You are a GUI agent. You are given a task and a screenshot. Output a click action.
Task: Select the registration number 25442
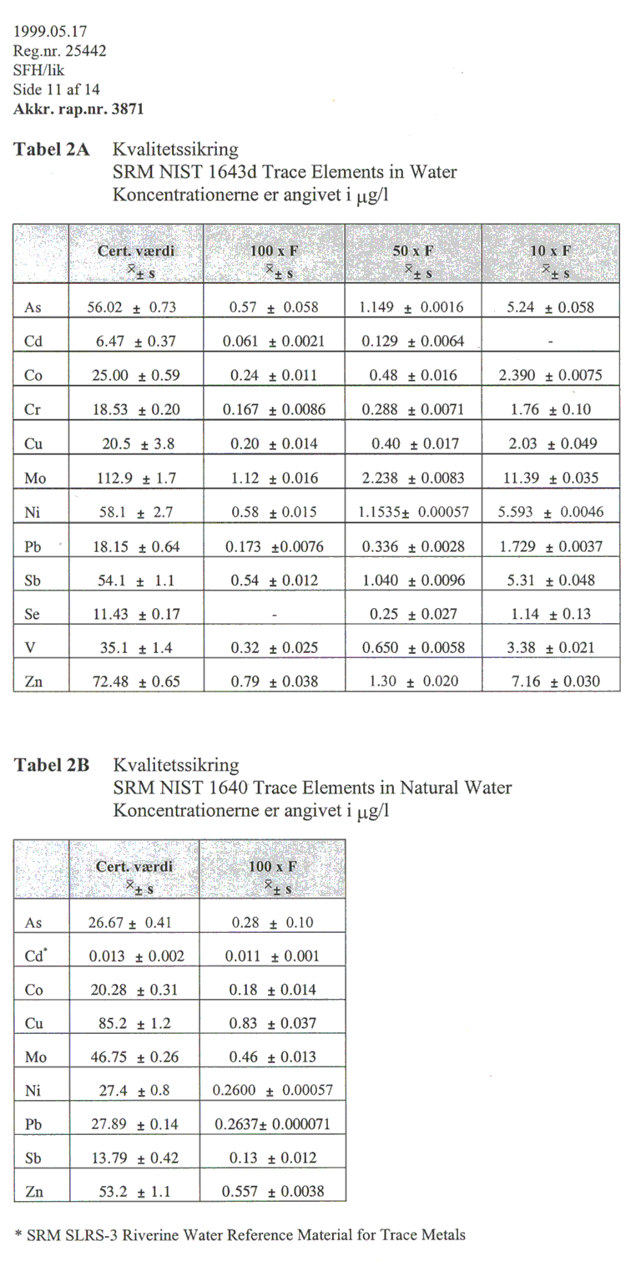(x=79, y=52)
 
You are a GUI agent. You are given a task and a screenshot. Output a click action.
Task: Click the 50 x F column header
(x=413, y=250)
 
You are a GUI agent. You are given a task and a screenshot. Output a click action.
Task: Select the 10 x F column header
(x=552, y=250)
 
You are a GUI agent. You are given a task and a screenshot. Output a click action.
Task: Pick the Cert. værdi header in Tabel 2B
(x=134, y=866)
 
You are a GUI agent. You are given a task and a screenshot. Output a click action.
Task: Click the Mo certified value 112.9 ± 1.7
(x=134, y=479)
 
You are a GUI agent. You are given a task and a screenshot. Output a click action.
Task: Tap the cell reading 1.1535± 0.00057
(x=413, y=513)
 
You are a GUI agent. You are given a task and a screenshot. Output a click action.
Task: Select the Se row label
(x=33, y=614)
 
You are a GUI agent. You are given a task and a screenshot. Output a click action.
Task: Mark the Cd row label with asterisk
(x=35, y=955)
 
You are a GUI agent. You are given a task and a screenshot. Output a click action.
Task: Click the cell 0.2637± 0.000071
(x=272, y=1124)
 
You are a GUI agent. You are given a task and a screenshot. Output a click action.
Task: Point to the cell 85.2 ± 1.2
(x=134, y=1023)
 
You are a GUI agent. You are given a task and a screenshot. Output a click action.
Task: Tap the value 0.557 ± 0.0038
(x=272, y=1192)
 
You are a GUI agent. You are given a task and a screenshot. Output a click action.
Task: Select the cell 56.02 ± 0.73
(x=134, y=307)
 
